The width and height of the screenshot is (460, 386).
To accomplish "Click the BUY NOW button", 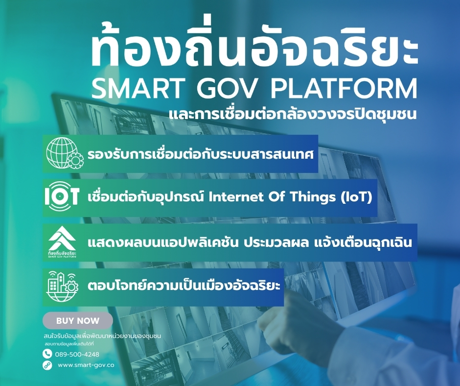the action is point(78,320).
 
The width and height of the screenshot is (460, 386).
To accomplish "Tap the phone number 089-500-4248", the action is point(77,354).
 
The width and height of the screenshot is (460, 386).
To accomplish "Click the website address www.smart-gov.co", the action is point(86,365).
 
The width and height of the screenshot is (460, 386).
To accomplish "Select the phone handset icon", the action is point(47,354).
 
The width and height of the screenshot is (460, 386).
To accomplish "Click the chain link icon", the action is point(47,365).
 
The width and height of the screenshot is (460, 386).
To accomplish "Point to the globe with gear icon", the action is point(64,153).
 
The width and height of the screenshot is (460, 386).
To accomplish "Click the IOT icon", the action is point(62,196).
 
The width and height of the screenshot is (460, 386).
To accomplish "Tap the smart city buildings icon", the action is point(62,287).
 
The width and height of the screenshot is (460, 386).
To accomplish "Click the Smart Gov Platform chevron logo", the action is point(62,242).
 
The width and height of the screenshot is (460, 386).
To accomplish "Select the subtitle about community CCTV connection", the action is point(293,113).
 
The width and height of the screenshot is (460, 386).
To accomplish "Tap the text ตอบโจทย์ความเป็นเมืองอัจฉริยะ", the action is point(184,285).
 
